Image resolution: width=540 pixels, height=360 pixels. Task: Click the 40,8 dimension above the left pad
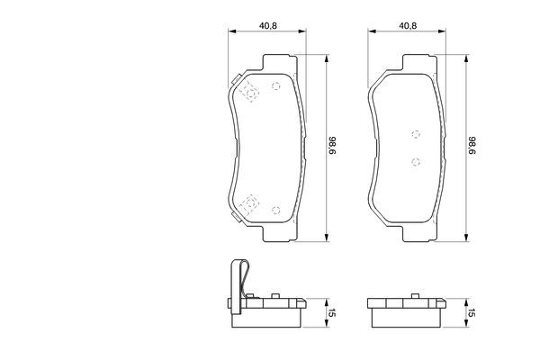(268, 26)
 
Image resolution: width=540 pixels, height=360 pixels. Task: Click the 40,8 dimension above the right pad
(408, 26)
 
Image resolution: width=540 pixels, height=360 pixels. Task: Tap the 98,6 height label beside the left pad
(332, 146)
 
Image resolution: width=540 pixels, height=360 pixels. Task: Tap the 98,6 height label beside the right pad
(472, 146)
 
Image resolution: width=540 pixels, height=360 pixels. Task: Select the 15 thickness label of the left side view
(332, 313)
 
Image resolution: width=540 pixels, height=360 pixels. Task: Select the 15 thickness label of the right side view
(472, 313)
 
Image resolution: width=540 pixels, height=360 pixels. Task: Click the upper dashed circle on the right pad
(416, 134)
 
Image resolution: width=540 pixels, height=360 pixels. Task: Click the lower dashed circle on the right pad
(416, 162)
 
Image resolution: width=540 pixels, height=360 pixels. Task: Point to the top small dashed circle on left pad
(276, 85)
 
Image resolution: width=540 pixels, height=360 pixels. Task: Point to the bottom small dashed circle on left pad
(276, 210)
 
